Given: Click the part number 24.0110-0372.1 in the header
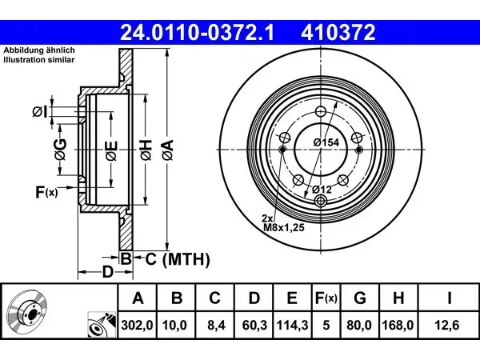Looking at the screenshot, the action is (198, 32).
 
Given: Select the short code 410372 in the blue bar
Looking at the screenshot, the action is (338, 32).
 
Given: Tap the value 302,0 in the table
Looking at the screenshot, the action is (137, 325).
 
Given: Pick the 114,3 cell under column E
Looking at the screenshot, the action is (292, 325).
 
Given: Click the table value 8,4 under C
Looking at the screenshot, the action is (216, 325).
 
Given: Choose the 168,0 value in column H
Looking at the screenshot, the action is (398, 325).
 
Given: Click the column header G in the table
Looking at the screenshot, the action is (360, 298).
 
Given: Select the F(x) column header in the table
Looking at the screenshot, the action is (326, 298).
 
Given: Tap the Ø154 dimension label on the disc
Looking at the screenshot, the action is (326, 142).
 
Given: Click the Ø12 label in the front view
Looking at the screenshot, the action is (322, 190).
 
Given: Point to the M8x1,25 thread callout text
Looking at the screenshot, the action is (284, 227).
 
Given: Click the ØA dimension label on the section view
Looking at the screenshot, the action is (168, 150).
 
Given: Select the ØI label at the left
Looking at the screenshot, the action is (40, 112).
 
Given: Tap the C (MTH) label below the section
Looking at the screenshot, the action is (178, 259).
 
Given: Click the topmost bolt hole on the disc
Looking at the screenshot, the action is (321, 111).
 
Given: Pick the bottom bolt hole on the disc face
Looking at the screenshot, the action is (321, 201).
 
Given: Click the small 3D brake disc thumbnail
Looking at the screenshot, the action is (27, 312).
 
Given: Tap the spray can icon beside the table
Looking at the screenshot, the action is (102, 325).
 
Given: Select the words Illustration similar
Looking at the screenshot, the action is (39, 60).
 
